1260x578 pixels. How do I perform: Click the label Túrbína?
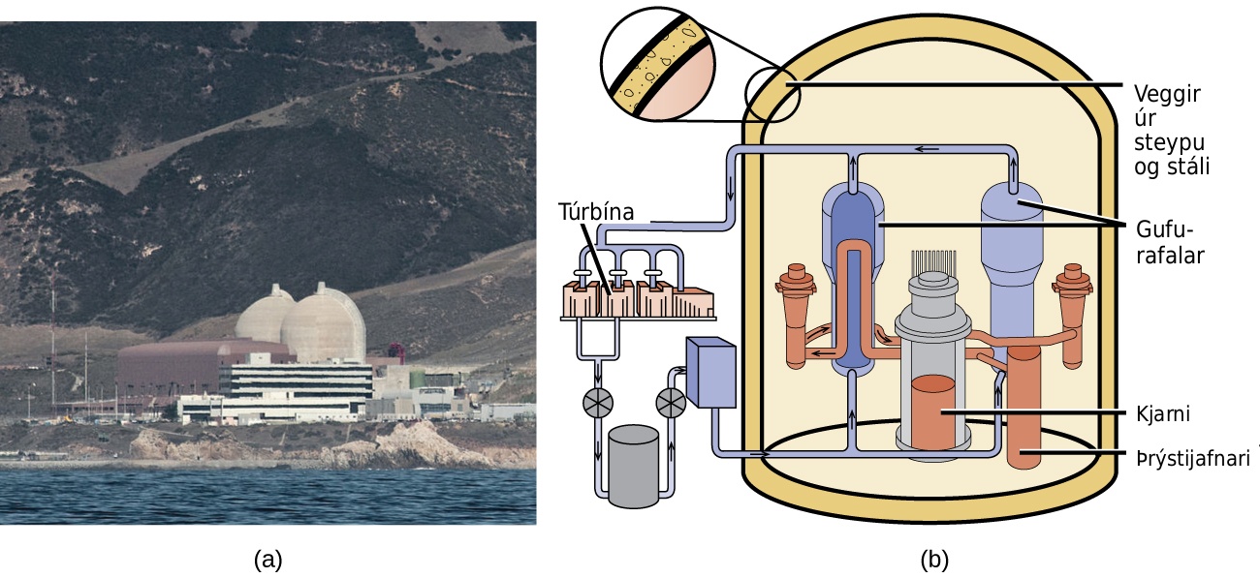pyautogui.click(x=596, y=212)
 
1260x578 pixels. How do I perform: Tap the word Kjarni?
pyautogui.click(x=1163, y=414)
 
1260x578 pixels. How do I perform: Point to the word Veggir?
pyautogui.click(x=1167, y=95)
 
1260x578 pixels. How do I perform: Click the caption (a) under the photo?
pyautogui.click(x=268, y=560)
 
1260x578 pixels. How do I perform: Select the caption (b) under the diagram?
pyautogui.click(x=934, y=560)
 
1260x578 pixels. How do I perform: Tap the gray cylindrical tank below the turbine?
pyautogui.click(x=634, y=467)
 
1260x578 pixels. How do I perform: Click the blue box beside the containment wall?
pyautogui.click(x=711, y=371)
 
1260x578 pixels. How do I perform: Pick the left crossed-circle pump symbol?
pyautogui.click(x=598, y=402)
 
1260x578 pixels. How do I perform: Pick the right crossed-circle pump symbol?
pyautogui.click(x=671, y=403)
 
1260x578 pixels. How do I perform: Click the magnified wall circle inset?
pyautogui.click(x=658, y=64)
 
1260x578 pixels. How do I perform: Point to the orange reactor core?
pyautogui.click(x=933, y=412)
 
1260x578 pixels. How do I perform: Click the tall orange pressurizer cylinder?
pyautogui.click(x=1024, y=408)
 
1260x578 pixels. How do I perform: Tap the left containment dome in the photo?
pyautogui.click(x=266, y=315)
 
